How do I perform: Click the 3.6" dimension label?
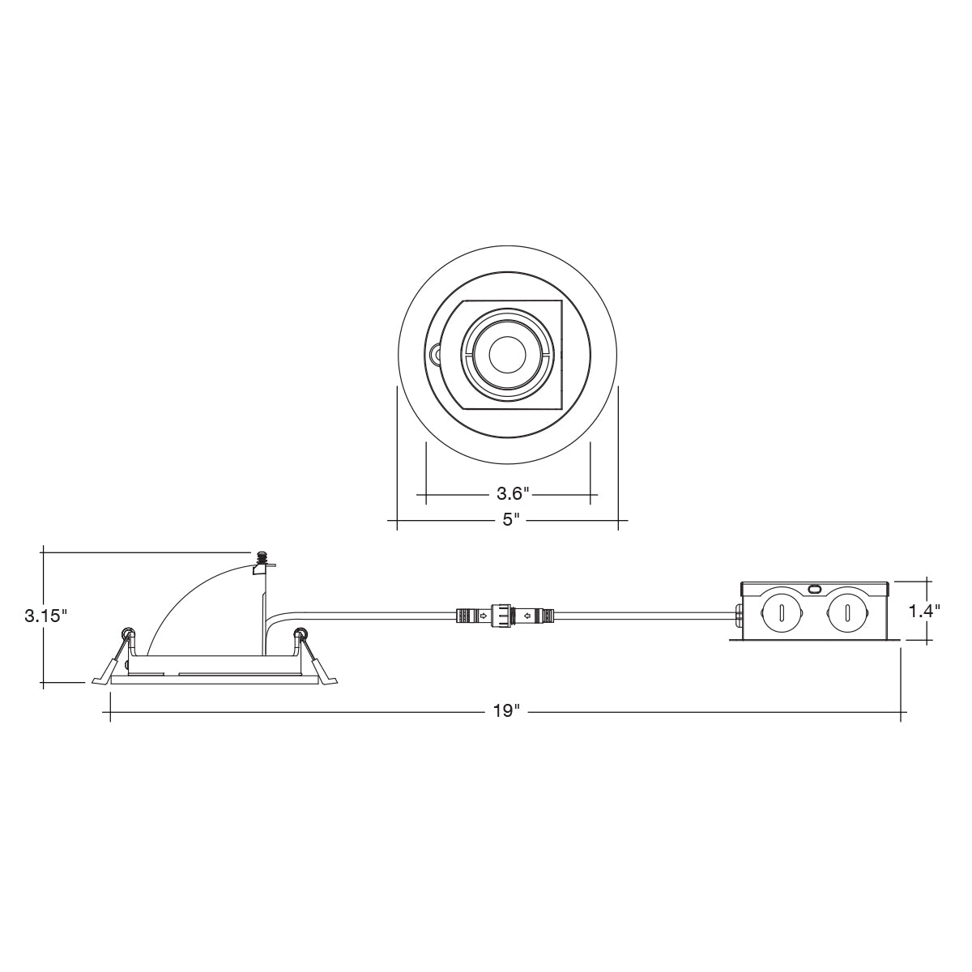click(512, 492)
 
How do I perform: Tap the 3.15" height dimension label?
click(45, 616)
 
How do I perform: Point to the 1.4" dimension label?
click(924, 612)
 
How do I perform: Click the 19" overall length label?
click(506, 711)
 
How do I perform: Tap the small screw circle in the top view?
click(434, 354)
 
